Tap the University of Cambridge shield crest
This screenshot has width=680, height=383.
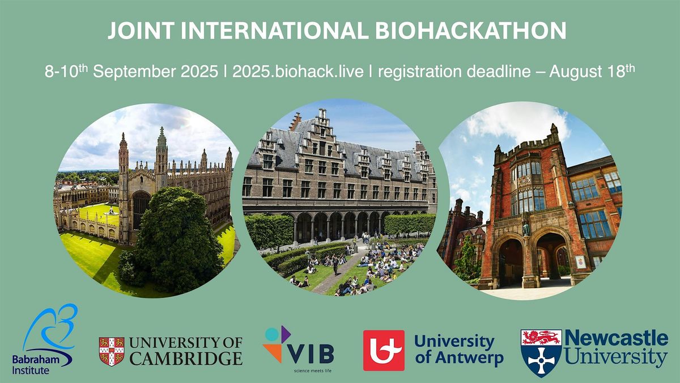pyautogui.click(x=112, y=351)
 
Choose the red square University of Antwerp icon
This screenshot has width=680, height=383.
pyautogui.click(x=384, y=350)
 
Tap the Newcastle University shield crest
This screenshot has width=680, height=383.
pyautogui.click(x=541, y=352)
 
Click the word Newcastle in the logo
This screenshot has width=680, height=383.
pyautogui.click(x=617, y=339)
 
